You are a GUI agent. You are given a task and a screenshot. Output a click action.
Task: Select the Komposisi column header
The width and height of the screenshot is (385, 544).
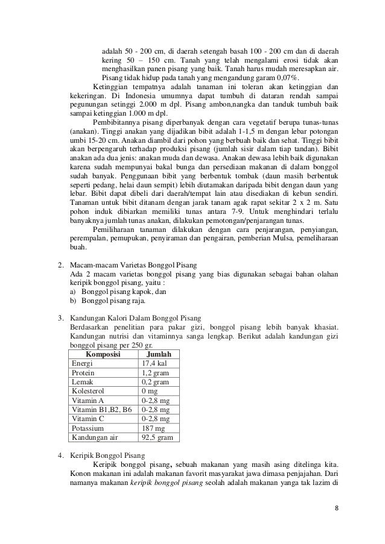[x=101, y=355]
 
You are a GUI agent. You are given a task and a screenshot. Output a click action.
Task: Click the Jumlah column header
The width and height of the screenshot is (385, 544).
[x=159, y=355]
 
